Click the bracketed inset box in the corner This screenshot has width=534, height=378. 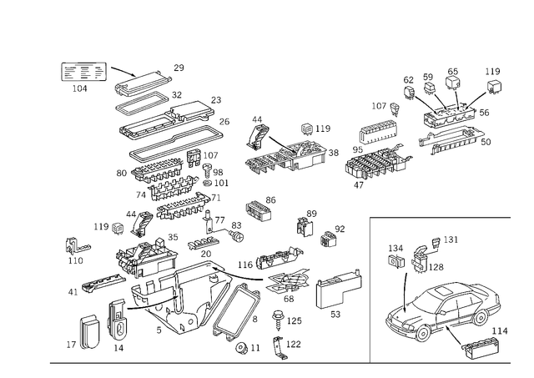[x=83, y=70]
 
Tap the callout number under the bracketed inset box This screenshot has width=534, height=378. [x=78, y=86]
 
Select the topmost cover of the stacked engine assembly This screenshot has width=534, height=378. [x=146, y=82]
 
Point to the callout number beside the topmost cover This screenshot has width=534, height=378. [x=178, y=65]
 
